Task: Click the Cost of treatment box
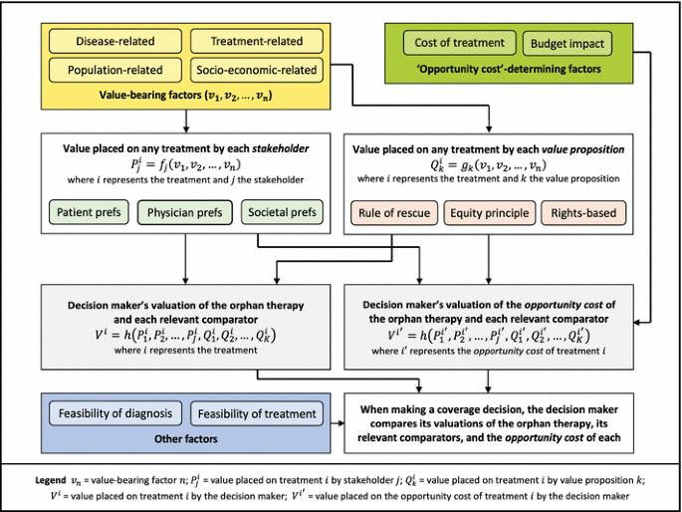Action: point(459,43)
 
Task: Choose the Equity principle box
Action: point(490,212)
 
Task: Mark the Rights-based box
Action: point(582,212)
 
